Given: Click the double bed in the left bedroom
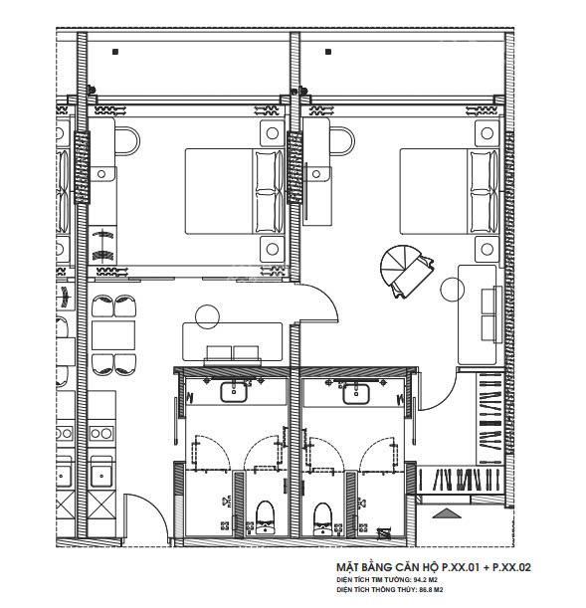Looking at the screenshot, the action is (x=235, y=191).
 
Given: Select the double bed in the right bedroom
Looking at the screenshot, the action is (x=450, y=191).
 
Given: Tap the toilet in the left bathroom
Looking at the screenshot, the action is (x=265, y=518).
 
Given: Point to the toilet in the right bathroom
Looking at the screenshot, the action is (x=322, y=518).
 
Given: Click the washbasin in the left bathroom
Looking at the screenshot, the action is (x=234, y=392).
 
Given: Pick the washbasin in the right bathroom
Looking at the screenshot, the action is (x=356, y=393).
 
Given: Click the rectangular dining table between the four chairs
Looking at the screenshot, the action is (x=113, y=335).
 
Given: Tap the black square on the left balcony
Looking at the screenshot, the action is (x=115, y=52).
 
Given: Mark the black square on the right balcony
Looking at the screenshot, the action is (x=328, y=52).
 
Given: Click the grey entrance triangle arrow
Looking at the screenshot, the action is (x=446, y=513).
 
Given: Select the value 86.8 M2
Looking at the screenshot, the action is (x=431, y=590).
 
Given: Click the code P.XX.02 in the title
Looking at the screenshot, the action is (x=511, y=567).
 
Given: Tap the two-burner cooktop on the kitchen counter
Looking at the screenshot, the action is (x=101, y=433).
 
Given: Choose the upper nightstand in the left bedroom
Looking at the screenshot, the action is (x=272, y=133).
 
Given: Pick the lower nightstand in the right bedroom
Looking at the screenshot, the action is (x=487, y=249).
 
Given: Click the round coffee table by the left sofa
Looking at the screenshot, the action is (x=207, y=316).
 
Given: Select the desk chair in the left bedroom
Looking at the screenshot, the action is (x=127, y=141).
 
